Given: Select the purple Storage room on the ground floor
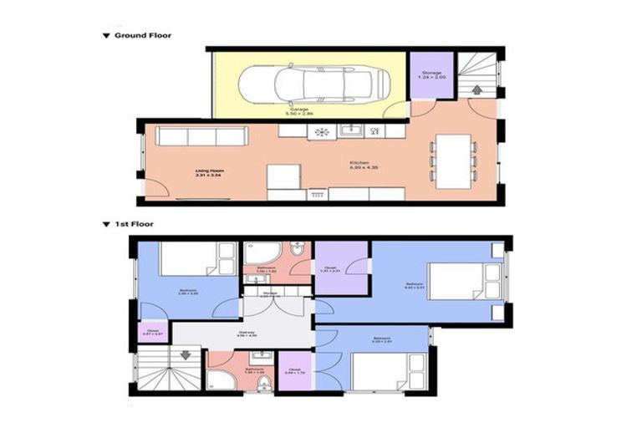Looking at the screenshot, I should (431, 75).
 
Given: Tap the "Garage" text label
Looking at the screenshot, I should (299, 110).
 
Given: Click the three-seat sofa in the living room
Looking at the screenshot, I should (201, 136).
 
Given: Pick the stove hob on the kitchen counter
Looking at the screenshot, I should (319, 131).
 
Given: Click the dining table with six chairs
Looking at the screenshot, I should (452, 159).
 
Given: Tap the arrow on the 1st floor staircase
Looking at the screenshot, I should (185, 354).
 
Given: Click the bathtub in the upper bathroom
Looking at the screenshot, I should (262, 254).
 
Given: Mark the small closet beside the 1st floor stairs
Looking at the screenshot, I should (153, 332).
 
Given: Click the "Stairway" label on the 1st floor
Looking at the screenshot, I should (247, 333).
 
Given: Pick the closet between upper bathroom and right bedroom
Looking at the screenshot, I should (341, 267).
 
